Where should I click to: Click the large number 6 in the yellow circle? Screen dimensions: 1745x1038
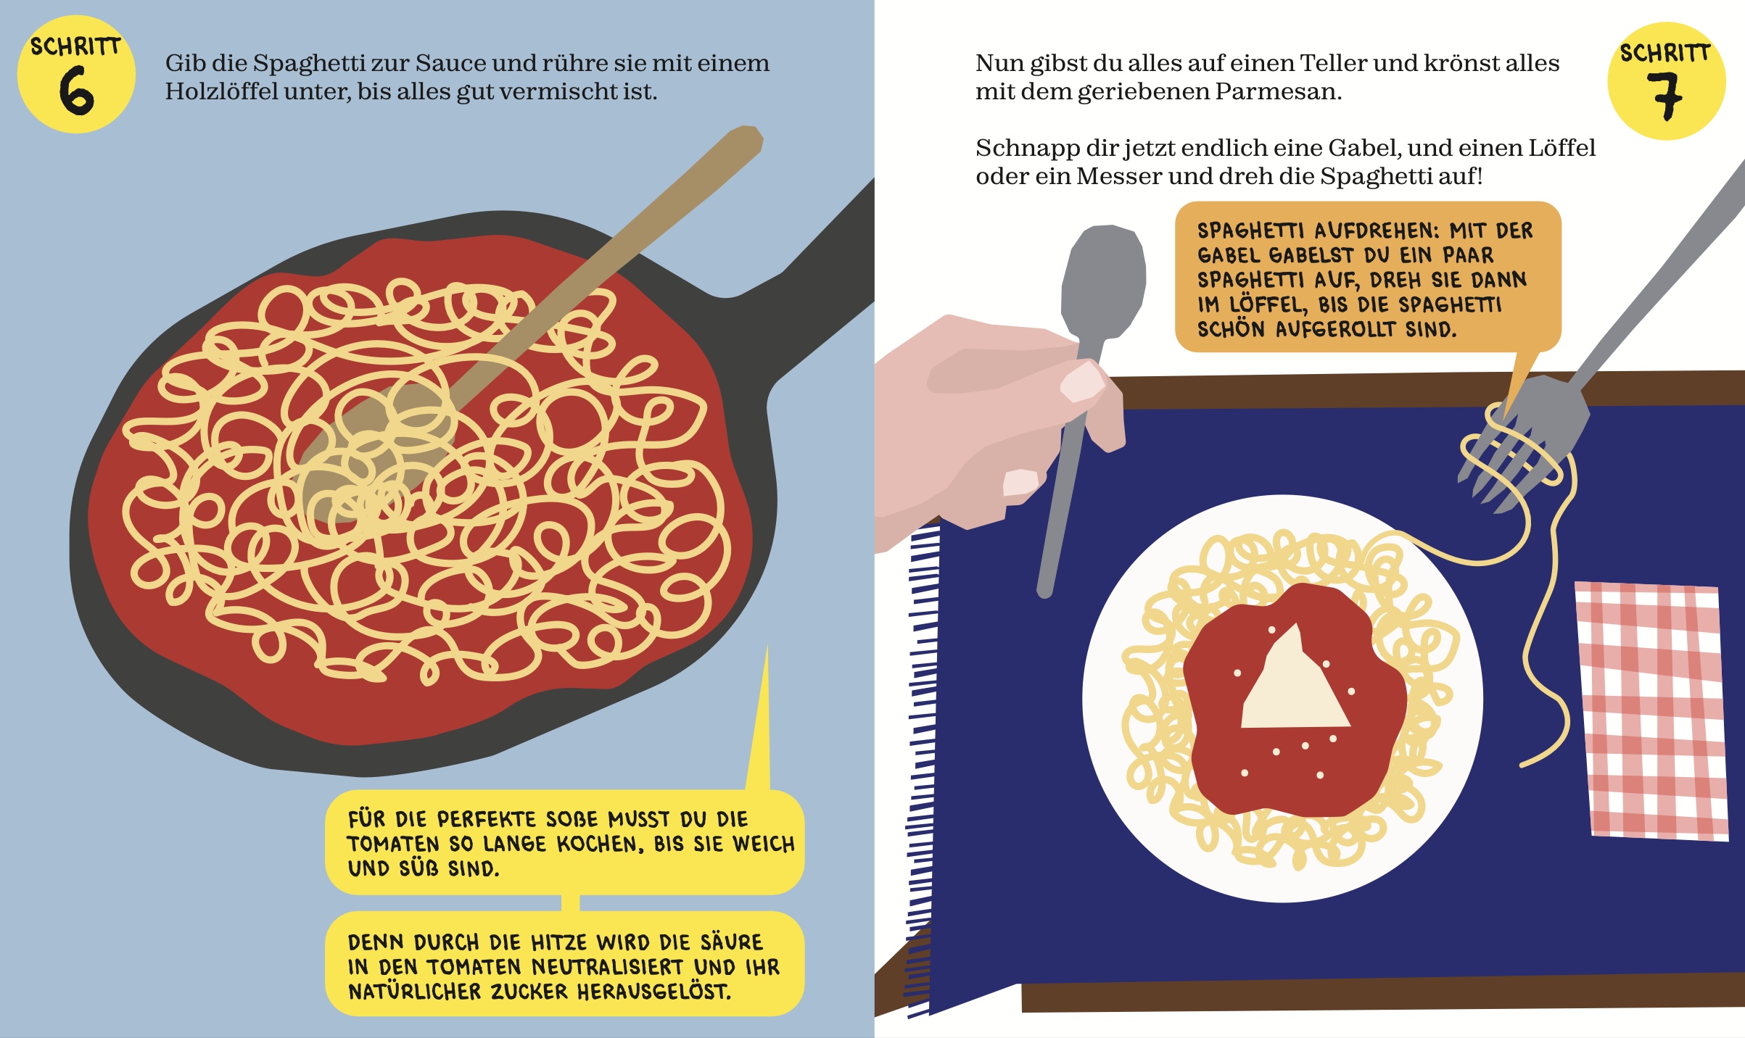(x=77, y=91)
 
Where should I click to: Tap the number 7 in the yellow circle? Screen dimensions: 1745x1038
(x=1665, y=96)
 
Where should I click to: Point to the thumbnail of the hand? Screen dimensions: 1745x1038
(x=1082, y=382)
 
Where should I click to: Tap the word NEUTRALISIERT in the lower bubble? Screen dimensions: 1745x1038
(x=607, y=968)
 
